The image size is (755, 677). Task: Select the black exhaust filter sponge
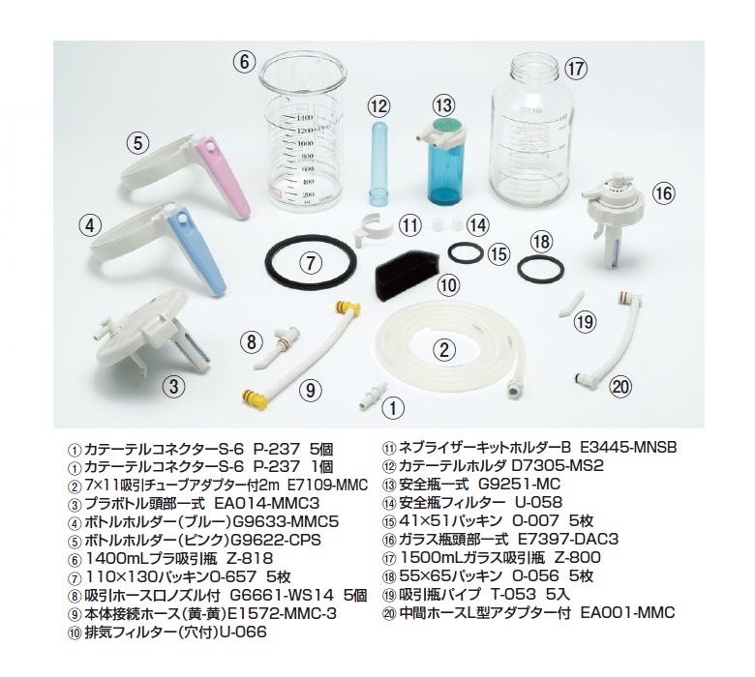pyautogui.click(x=407, y=277)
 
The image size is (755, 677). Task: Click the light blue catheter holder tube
pyautogui.click(x=378, y=163)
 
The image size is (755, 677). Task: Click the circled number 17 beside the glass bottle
pyautogui.click(x=575, y=69)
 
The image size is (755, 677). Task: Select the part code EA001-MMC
pyautogui.click(x=627, y=612)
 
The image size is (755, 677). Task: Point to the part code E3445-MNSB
pyautogui.click(x=628, y=448)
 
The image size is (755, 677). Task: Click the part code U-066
pyautogui.click(x=243, y=632)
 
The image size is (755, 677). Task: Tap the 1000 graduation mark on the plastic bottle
pyautogui.click(x=306, y=143)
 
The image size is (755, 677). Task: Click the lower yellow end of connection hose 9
pyautogui.click(x=255, y=398)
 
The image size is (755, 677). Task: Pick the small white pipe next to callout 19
pyautogui.click(x=571, y=303)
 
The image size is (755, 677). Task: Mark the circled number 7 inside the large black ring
pyautogui.click(x=311, y=262)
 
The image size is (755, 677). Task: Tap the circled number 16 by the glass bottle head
pyautogui.click(x=663, y=193)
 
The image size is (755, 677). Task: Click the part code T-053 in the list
pyautogui.click(x=513, y=594)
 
